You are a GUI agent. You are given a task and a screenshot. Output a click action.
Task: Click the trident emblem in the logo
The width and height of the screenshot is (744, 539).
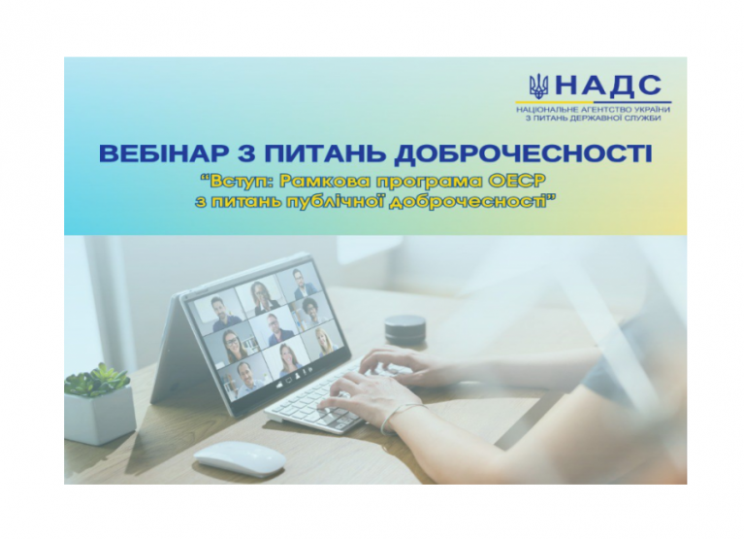pos(539,85)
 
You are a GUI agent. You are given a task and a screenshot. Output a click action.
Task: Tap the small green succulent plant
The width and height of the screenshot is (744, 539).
pos(97,379)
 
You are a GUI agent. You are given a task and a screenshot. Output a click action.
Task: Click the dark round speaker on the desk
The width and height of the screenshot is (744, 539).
pos(404,329)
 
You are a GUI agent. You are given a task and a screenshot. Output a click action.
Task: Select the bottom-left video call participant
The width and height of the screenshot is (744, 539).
pos(242,379)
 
